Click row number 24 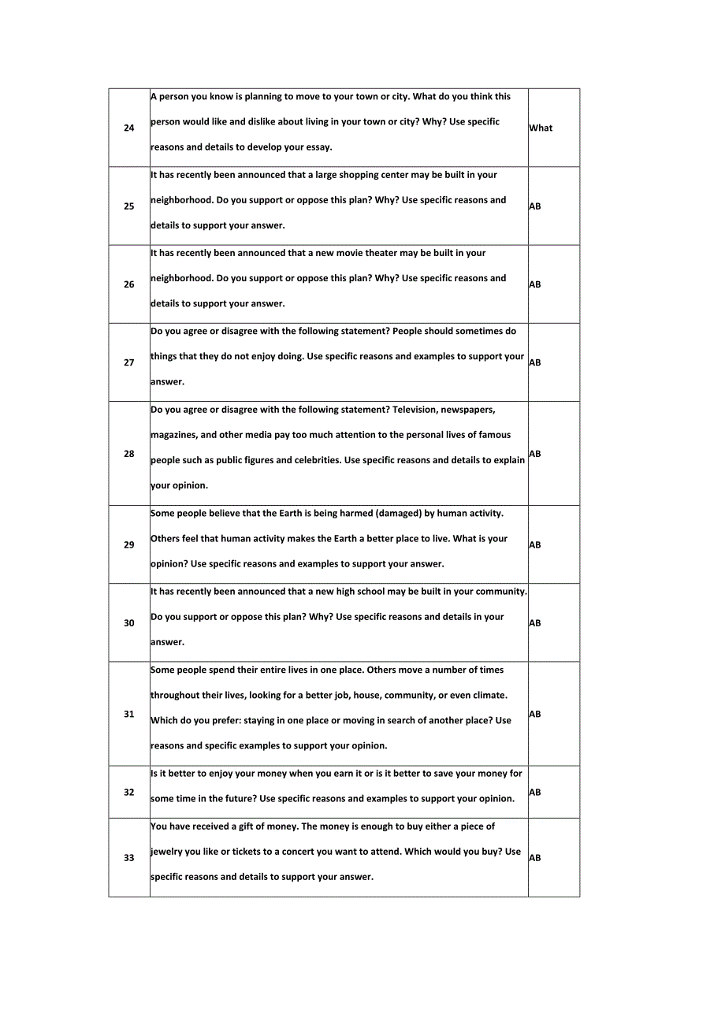(x=129, y=128)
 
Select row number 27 (x=129, y=362)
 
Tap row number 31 (x=129, y=714)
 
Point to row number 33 (x=129, y=858)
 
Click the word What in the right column (x=541, y=128)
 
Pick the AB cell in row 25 (x=535, y=206)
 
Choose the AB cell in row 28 (x=535, y=454)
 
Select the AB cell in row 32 (x=535, y=793)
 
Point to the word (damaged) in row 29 (x=400, y=514)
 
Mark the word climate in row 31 (x=489, y=696)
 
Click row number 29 (x=129, y=544)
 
